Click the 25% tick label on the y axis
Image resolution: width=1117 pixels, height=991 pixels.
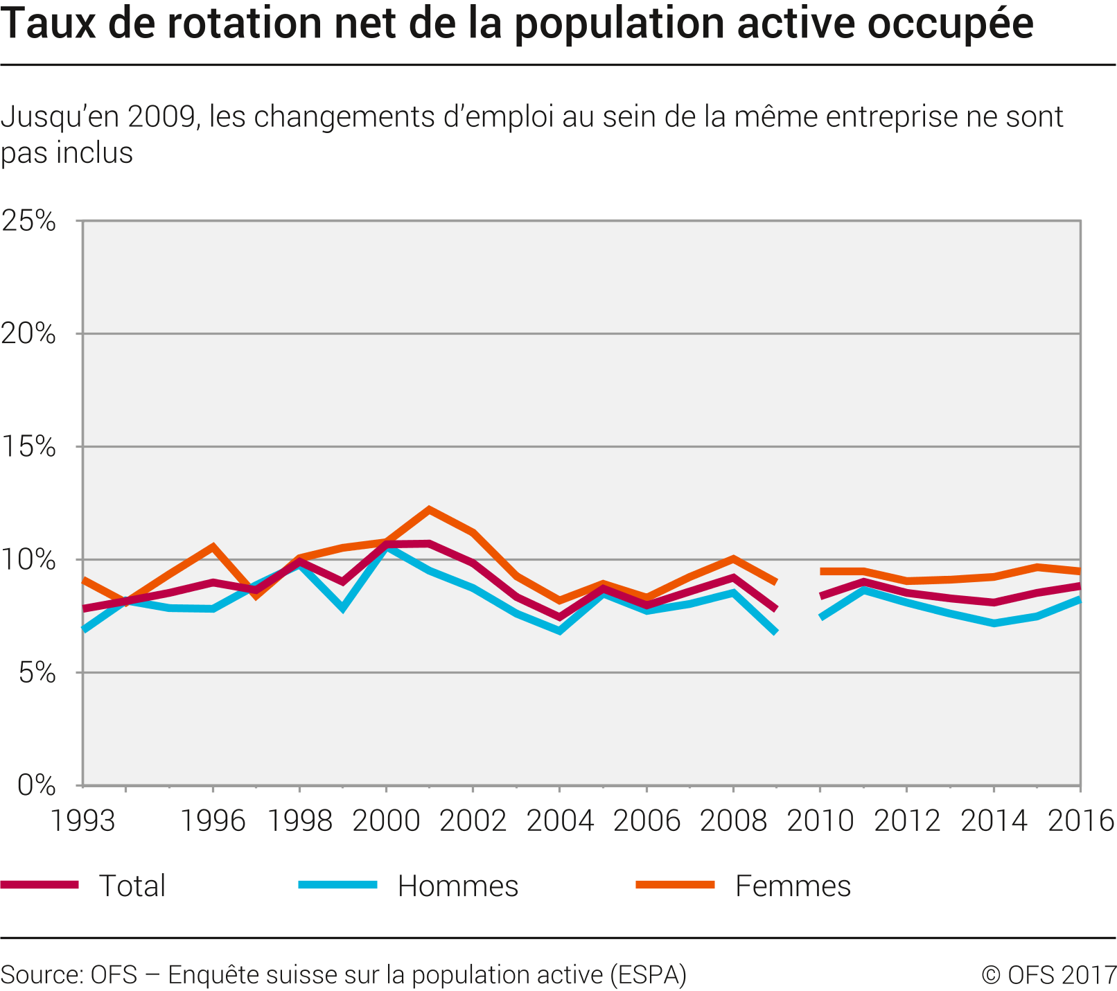click(x=28, y=221)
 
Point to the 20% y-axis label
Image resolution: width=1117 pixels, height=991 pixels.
click(x=28, y=334)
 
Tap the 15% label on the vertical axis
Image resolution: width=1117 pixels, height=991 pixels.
click(x=28, y=447)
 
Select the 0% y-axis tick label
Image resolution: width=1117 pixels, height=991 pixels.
click(x=36, y=784)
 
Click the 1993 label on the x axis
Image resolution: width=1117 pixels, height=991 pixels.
click(x=83, y=821)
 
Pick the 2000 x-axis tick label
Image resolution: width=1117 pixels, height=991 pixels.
click(x=386, y=821)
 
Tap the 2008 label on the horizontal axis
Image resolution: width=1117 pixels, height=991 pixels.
click(x=733, y=821)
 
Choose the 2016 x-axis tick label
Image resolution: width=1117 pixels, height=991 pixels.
click(x=1080, y=821)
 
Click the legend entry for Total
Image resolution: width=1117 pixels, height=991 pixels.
click(x=132, y=886)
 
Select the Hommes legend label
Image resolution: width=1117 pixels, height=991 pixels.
click(x=458, y=886)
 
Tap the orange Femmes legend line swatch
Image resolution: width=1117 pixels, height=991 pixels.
click(x=675, y=884)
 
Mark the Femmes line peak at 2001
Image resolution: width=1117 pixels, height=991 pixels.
click(x=430, y=509)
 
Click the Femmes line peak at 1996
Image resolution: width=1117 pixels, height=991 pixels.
click(x=213, y=546)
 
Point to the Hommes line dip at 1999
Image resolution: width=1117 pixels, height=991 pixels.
click(x=343, y=609)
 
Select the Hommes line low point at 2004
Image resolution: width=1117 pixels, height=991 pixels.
click(x=560, y=631)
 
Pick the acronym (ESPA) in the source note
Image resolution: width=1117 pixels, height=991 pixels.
click(x=648, y=974)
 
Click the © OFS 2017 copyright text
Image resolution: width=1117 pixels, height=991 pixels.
click(x=1048, y=974)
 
